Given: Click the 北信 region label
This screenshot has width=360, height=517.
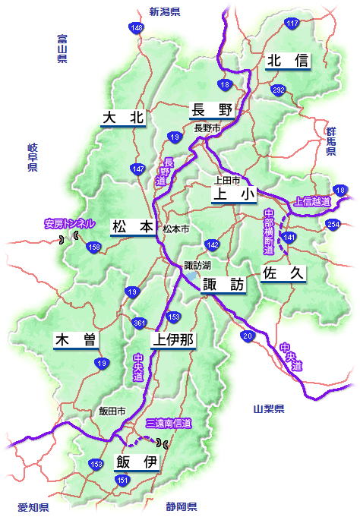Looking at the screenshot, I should [288, 60].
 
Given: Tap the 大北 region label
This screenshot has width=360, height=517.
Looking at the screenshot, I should [123, 118].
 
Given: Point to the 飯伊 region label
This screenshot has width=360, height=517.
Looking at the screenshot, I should [137, 462].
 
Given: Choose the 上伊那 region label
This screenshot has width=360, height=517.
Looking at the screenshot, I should [173, 340].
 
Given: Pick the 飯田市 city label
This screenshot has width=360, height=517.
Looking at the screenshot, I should [112, 411].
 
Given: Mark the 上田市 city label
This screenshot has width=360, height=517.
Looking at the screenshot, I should [227, 181].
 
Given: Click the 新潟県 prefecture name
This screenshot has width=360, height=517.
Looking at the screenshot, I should [164, 11].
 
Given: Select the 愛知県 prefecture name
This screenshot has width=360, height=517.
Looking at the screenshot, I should [33, 507].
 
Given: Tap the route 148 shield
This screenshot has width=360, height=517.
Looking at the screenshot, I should [137, 28].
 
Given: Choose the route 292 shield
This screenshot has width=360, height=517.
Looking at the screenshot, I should [279, 90].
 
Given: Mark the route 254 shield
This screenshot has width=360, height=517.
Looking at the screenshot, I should [333, 224].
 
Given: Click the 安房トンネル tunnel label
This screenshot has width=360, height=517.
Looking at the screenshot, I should [70, 224].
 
